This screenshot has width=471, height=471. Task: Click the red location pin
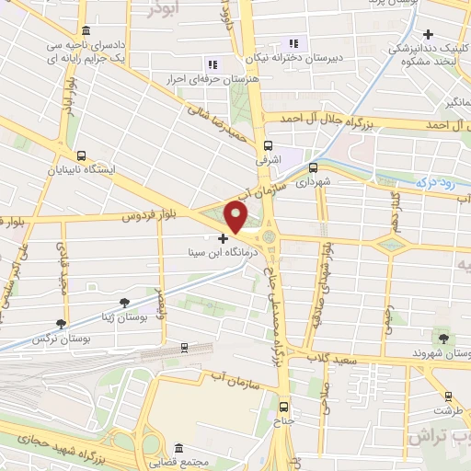coord(236,217)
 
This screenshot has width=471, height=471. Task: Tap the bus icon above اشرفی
coord(269,145)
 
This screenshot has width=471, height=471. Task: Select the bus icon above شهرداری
coord(313,168)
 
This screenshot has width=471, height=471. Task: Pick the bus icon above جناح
coord(283,406)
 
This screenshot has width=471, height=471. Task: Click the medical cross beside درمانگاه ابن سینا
coord(223,237)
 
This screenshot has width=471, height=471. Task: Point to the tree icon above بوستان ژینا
coord(126,301)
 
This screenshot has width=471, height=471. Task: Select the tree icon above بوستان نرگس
coord(61,323)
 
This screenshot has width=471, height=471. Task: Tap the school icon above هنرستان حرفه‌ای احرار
coord(213,64)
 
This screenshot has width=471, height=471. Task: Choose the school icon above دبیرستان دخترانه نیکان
coord(294,42)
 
